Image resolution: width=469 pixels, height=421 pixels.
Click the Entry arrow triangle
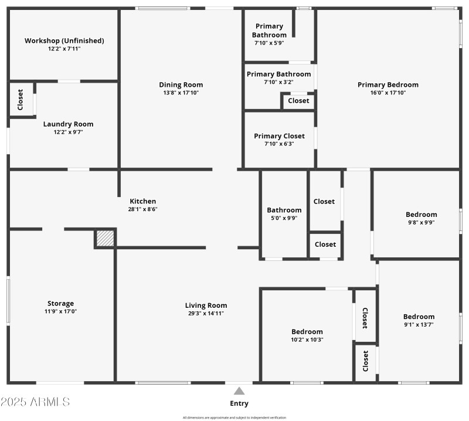pos(239,391)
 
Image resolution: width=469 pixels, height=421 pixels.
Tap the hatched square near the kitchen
pos(104,239)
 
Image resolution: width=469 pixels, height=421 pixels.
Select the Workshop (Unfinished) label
pos(64,41)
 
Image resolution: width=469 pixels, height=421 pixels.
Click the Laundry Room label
pos(68,124)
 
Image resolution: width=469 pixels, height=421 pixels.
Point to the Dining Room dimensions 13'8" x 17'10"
pos(181,93)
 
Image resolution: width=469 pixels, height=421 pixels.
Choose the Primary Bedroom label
pos(388,84)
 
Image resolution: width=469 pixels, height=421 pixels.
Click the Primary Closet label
pos(279,136)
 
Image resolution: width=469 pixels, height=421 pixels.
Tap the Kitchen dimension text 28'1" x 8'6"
pos(142,209)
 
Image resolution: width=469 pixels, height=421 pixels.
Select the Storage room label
pos(61,304)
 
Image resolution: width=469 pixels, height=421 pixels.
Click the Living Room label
pos(206,305)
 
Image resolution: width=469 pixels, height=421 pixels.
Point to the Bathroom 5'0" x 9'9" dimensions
pos(284,218)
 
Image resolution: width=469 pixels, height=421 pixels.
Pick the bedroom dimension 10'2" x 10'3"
pos(307,339)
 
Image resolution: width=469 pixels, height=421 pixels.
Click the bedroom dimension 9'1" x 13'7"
pos(419,325)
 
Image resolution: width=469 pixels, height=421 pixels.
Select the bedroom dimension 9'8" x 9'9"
pos(421,222)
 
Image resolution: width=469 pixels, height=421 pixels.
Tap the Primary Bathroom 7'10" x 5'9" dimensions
pos(269,43)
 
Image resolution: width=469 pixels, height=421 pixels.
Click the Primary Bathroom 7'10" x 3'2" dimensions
pos(278,82)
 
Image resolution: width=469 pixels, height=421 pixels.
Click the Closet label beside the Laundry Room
pos(21,100)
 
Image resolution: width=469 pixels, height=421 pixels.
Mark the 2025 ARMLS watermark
pos(35,402)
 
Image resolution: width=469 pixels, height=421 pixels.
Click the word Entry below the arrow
pos(239,403)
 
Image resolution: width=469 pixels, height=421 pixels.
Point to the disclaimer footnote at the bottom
pos(235,417)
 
